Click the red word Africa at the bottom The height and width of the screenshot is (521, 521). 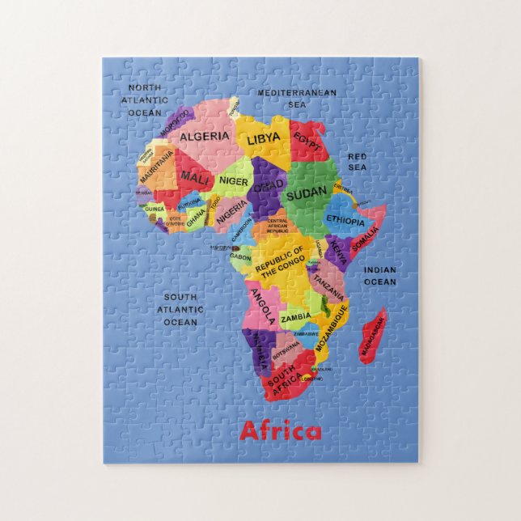pos(280,430)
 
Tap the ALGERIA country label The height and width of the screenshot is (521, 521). pos(205,137)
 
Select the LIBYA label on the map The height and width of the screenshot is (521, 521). pos(264,139)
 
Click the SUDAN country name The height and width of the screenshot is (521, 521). pos(307,192)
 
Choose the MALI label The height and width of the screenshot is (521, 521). pos(195,176)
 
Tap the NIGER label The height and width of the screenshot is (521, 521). pos(234,182)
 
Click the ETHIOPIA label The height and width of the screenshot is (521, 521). pos(346,219)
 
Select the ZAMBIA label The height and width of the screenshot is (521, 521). pos(295,319)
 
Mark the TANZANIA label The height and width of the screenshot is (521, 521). pos(329,283)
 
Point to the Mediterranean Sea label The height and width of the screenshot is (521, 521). pos(296,99)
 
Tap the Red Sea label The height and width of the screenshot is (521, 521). pos(358,161)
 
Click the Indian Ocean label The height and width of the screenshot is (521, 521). pos(379,276)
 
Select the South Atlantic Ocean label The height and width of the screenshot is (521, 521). pos(180,310)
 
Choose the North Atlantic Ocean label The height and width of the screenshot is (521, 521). pos(145,100)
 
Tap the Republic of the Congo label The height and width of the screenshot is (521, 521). pos(280,260)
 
